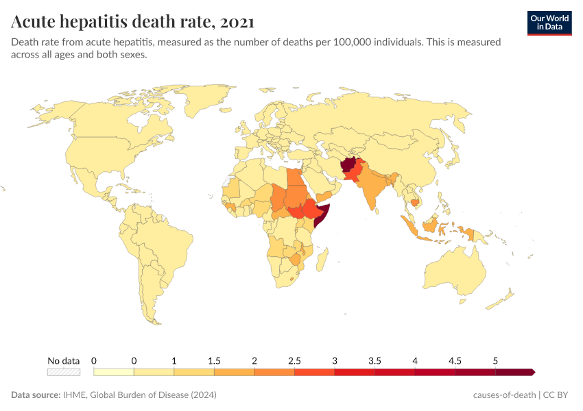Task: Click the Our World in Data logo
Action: (x=549, y=23)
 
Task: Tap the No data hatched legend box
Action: (x=64, y=372)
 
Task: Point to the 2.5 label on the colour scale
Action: (x=295, y=360)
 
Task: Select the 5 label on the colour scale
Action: (x=495, y=360)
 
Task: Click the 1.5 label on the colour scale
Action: (x=214, y=360)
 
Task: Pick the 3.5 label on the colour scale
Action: (x=375, y=360)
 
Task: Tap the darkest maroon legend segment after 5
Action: (x=514, y=372)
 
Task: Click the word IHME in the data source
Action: (x=72, y=395)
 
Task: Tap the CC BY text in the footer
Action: (x=558, y=395)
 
